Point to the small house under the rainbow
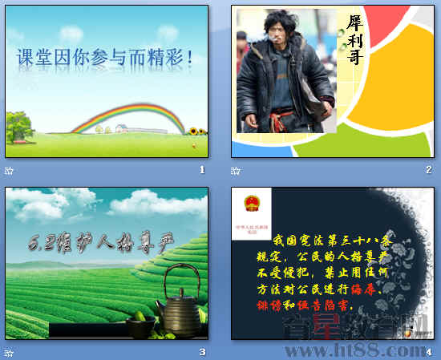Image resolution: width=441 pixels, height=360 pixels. (121, 127)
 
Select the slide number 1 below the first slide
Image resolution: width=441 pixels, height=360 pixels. (202, 170)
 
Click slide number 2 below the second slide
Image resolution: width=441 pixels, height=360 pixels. (429, 170)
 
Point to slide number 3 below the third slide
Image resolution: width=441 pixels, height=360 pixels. (202, 352)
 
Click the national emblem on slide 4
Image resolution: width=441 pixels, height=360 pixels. (250, 206)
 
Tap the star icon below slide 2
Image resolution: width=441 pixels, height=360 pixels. (235, 170)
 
